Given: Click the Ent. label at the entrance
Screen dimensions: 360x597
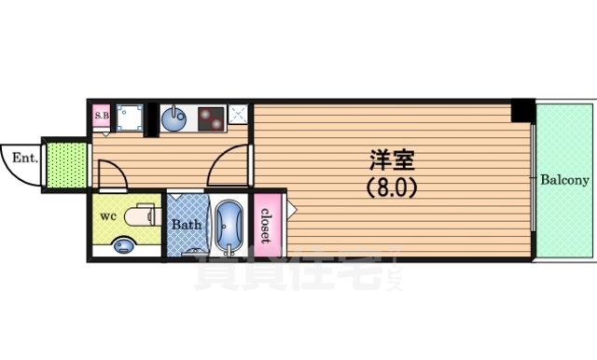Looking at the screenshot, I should pos(24,159).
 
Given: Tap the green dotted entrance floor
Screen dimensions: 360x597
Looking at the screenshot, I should pos(66,164).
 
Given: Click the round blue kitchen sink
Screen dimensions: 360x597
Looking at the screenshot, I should pos(174,118).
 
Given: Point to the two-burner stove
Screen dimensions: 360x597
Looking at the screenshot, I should pos(208,119).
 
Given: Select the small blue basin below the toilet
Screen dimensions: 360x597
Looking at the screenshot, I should pos(122,245).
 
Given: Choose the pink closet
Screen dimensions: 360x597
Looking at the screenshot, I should pos(266,224).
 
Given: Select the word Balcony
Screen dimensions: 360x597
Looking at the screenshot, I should pos(563,179).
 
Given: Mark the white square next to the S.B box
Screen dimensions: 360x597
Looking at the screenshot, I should pos(128,118).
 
